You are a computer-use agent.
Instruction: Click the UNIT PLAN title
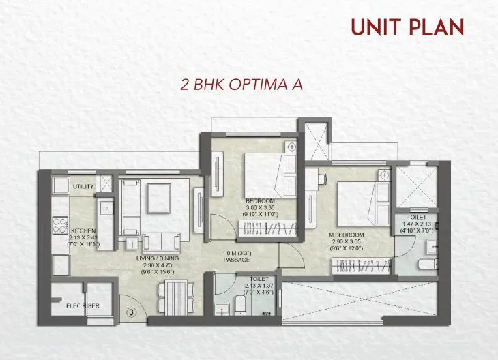(407, 27)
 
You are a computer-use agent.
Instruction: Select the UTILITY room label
(83, 185)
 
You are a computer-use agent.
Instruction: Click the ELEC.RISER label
(83, 306)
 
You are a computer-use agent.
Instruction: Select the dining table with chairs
(173, 297)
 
